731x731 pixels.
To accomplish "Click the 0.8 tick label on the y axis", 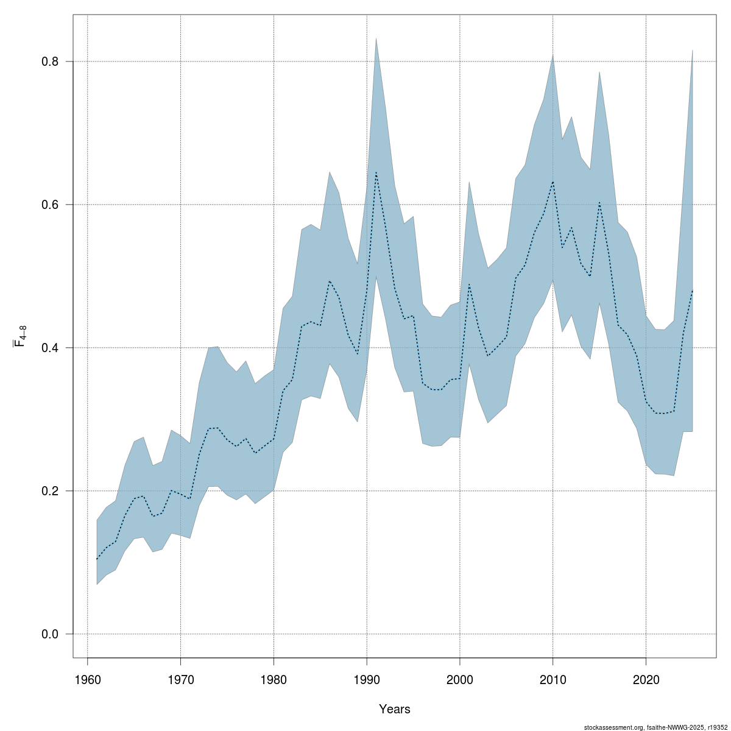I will [x=49, y=62].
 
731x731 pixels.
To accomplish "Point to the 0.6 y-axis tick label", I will [x=49, y=205].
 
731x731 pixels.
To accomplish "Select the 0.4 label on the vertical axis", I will [x=49, y=348].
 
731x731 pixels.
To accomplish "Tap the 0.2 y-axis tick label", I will [x=49, y=491].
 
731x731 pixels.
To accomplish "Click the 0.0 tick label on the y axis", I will [x=49, y=634].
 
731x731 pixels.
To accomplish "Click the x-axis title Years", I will [x=395, y=709].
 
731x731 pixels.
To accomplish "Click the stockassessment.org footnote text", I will [x=655, y=727].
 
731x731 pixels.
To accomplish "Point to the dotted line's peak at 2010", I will [x=553, y=182].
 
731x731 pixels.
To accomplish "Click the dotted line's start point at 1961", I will [x=97, y=559].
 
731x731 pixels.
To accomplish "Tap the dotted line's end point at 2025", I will [x=693, y=291].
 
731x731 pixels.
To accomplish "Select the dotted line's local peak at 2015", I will [x=599, y=202].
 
